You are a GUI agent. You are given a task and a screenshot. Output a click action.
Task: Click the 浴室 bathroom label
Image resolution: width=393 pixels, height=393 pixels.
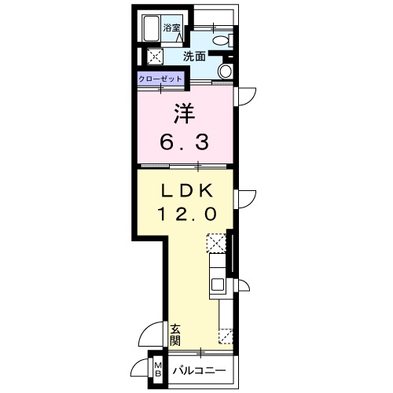(172, 28)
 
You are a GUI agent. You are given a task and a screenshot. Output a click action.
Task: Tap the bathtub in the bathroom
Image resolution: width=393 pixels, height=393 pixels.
(150, 28)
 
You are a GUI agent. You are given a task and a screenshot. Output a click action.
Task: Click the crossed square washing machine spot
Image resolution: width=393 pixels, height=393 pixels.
(154, 56)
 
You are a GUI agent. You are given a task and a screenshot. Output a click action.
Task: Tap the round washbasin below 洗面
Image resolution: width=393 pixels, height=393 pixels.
(225, 72)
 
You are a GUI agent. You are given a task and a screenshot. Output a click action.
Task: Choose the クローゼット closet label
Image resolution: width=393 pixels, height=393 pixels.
(161, 79)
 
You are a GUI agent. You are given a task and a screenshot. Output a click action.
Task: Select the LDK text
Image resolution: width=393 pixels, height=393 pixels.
(186, 190)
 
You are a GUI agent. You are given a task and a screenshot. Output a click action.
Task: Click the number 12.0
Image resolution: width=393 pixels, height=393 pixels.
(186, 213)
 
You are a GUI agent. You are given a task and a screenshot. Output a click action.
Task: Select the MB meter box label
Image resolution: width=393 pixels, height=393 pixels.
(157, 370)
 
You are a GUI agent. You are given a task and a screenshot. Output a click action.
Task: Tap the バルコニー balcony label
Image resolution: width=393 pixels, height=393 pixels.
(199, 370)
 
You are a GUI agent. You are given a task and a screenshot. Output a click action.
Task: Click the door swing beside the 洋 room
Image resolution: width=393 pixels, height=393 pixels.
(247, 96)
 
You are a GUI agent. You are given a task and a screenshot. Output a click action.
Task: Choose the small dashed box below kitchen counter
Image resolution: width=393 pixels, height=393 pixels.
(226, 336)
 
